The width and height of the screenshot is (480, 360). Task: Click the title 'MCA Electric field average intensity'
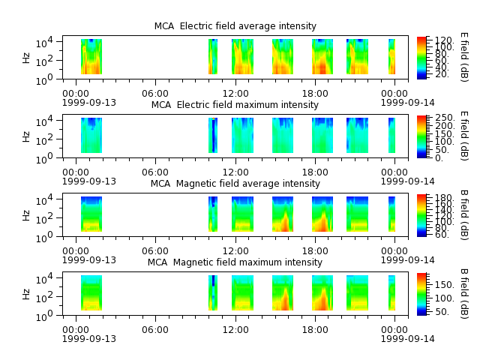click(235, 26)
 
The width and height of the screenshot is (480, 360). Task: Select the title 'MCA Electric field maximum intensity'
click(235, 105)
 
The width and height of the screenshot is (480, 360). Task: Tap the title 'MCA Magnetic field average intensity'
click(235, 183)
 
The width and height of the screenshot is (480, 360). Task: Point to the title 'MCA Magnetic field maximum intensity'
click(235, 262)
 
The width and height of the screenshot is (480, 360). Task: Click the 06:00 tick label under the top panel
click(155, 93)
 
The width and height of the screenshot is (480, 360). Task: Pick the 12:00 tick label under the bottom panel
click(235, 330)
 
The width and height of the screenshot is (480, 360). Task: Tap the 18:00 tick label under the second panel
click(315, 172)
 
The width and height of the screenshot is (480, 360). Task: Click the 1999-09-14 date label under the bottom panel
click(408, 338)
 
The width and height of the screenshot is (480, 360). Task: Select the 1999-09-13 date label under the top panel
click(89, 102)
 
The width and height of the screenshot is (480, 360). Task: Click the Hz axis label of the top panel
click(26, 58)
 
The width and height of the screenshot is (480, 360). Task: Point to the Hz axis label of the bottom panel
click(26, 294)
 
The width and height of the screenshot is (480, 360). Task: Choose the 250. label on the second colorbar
click(445, 118)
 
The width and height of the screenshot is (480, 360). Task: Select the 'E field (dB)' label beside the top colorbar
click(464, 57)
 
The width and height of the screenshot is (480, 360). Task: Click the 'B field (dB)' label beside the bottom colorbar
click(464, 294)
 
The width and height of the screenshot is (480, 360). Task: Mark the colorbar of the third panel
click(421, 215)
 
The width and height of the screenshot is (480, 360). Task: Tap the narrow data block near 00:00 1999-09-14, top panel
click(391, 57)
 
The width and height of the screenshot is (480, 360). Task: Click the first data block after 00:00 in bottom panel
click(91, 293)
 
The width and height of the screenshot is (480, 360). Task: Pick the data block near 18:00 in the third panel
click(322, 214)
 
